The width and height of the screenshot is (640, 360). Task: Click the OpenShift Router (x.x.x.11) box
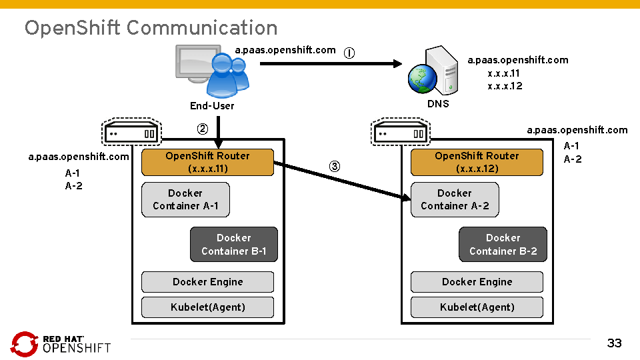pos(208,162)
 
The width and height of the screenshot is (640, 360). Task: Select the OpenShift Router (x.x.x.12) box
pos(477,162)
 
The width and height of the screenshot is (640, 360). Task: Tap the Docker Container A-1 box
pos(185,199)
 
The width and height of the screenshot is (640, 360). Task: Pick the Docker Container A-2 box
pos(455,199)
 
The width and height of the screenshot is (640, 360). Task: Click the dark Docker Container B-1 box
pos(233,245)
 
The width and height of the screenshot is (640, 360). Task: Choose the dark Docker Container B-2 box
pos(503,245)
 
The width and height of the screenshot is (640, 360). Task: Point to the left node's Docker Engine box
pos(208,282)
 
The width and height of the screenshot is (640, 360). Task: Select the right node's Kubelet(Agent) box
pos(477,307)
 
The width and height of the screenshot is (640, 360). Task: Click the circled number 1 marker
pos(349,53)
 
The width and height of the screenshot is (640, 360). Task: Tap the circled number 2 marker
pos(201,128)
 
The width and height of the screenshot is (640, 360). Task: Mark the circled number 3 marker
pos(335,166)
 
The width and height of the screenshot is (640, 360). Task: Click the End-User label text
pos(212,105)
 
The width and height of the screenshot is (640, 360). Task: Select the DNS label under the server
pos(438,103)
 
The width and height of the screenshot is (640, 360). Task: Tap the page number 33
pos(614,343)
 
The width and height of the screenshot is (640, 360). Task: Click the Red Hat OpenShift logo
pos(61,343)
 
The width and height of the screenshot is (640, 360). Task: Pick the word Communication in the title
pos(202,27)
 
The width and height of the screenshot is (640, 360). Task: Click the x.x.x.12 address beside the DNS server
pos(505,86)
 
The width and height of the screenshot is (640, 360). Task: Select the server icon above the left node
pos(131,132)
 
